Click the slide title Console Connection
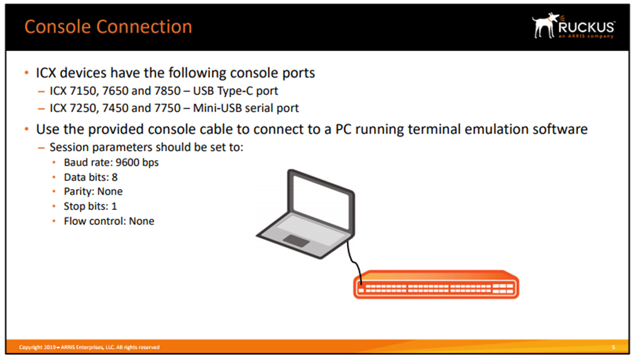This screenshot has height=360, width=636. tap(107, 27)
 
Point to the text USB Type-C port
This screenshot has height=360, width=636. tap(239, 91)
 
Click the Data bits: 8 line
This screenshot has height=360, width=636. tap(90, 177)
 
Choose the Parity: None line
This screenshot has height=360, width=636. tap(93, 192)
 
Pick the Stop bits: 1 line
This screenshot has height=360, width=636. tap(90, 206)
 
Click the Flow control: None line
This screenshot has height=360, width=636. tap(109, 221)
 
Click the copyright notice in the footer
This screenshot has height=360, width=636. tap(89, 347)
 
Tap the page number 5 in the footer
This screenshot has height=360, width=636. tap(613, 347)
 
